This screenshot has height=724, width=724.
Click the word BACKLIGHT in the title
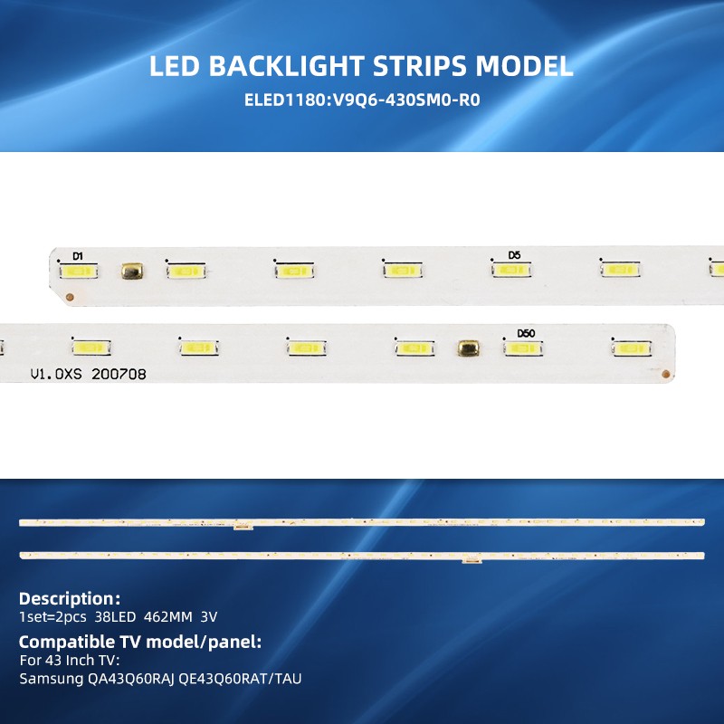click(x=286, y=65)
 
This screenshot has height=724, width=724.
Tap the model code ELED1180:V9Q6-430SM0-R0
click(x=362, y=100)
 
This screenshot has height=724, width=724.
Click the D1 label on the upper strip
click(x=78, y=256)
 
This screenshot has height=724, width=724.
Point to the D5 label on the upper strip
click(x=514, y=255)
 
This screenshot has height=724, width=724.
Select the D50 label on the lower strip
click(x=526, y=333)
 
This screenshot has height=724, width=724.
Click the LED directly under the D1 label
click(x=79, y=271)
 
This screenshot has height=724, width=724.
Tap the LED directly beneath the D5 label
click(x=511, y=270)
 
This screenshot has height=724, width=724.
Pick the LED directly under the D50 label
click(x=523, y=348)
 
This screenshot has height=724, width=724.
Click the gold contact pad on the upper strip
click(x=132, y=271)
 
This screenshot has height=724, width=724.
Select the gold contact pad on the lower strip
click(x=468, y=348)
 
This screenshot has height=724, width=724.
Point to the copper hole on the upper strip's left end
click(x=71, y=297)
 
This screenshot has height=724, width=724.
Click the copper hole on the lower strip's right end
click(x=665, y=374)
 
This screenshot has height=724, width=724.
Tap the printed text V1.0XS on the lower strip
click(x=56, y=374)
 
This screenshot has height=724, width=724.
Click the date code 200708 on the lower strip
click(x=119, y=374)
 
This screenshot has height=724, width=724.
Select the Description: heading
click(x=70, y=598)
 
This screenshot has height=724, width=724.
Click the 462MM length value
click(x=168, y=617)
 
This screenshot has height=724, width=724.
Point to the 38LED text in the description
click(x=116, y=617)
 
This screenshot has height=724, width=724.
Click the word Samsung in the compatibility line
click(x=52, y=679)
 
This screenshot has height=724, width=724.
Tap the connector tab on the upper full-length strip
click(x=243, y=526)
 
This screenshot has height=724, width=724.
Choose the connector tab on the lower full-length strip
click(x=472, y=560)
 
